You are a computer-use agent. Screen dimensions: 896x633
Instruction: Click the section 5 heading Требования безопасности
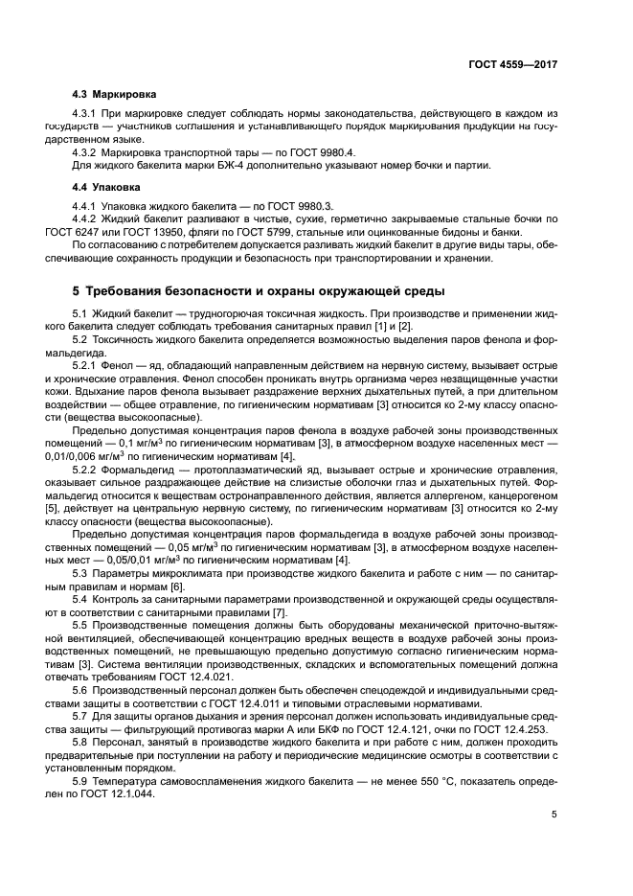coord(258,290)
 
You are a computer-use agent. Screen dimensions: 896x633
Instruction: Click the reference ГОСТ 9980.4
coord(349,152)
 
